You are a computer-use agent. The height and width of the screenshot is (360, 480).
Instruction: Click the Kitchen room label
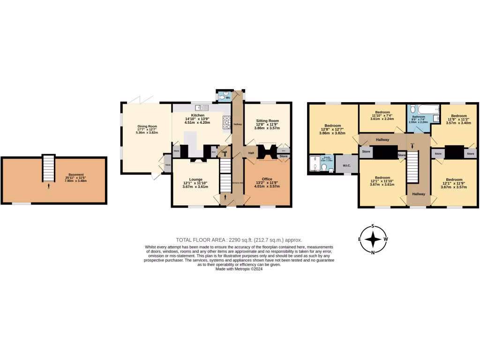coord(197,115)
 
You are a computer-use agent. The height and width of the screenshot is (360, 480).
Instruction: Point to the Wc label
coord(228,97)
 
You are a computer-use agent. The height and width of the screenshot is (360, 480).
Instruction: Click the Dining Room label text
coord(147,126)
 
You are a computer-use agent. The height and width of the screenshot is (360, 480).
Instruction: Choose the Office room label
coord(267,179)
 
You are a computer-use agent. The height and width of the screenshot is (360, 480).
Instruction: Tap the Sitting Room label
coord(267,120)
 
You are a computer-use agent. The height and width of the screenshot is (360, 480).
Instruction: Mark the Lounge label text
coord(195,179)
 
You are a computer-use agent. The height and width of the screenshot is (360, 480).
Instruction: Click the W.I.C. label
coord(347,165)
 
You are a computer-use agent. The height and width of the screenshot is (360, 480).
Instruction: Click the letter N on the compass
coord(373,253)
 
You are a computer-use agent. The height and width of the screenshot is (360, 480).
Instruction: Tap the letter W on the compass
coord(385,239)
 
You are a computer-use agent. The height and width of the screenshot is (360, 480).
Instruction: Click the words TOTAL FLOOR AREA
coord(198,239)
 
